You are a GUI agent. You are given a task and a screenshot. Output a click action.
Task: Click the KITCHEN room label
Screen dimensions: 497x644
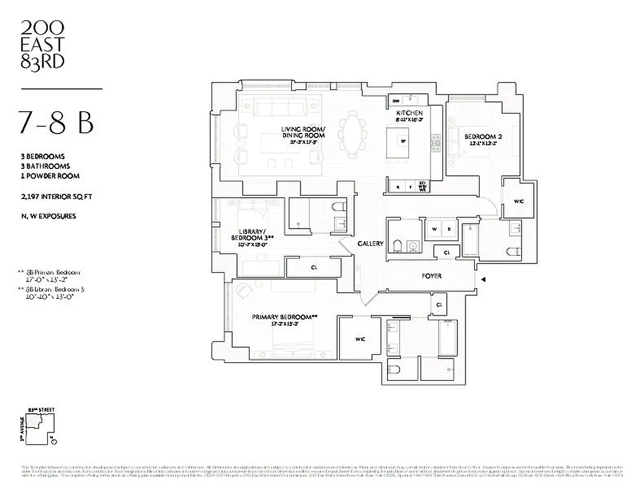[x=409, y=112]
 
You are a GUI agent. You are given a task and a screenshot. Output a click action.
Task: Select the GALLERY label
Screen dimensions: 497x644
[x=371, y=244]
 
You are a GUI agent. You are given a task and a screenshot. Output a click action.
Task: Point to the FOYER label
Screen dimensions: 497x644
[x=431, y=276]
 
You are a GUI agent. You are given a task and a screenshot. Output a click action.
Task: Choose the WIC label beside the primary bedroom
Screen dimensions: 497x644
[x=360, y=339]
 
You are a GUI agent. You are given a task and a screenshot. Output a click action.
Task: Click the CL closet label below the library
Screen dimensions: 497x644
[x=314, y=268]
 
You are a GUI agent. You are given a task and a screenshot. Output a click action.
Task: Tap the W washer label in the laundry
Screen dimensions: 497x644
[x=434, y=229]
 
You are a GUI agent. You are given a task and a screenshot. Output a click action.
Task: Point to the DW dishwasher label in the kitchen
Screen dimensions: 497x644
[x=396, y=101]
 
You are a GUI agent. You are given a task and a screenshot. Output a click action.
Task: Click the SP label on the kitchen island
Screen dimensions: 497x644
[x=403, y=141]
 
